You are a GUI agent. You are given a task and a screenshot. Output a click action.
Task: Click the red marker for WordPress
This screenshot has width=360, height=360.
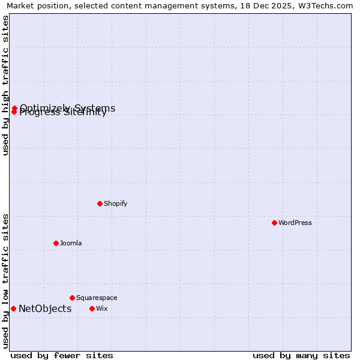274,223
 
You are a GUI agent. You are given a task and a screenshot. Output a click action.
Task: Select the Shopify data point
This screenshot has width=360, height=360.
100,203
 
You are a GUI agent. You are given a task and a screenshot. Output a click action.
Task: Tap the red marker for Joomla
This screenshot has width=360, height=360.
56,243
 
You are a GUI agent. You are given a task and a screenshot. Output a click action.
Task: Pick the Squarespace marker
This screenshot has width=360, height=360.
72,298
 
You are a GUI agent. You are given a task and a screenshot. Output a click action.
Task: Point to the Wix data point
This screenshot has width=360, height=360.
92,308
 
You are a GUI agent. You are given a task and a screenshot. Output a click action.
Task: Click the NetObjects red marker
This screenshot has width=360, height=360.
13,308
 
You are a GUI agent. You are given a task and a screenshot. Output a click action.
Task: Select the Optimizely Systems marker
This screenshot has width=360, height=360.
14,109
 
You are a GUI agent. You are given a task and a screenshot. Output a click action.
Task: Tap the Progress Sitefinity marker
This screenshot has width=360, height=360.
14,112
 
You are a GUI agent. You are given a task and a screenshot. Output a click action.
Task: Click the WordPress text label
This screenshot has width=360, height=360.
295,223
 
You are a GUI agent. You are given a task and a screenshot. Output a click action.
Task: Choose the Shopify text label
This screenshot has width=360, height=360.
116,203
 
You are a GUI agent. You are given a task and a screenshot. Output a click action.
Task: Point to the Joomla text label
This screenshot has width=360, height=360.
71,243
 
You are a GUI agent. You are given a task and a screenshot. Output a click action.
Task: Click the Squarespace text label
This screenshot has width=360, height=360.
97,298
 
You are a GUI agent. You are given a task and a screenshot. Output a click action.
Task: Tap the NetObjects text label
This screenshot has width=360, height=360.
45,309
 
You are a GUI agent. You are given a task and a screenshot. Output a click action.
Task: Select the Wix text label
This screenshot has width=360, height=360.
101,308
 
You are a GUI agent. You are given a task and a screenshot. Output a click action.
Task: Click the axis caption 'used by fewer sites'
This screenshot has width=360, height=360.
62,355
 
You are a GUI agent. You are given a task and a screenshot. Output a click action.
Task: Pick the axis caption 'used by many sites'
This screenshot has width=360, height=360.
301,355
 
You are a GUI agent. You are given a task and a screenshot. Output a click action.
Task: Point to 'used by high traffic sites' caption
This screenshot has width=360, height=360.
5,85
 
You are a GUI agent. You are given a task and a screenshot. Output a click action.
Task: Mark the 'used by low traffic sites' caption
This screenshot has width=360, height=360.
5,281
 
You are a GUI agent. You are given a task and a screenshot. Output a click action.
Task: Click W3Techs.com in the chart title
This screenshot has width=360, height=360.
328,6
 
